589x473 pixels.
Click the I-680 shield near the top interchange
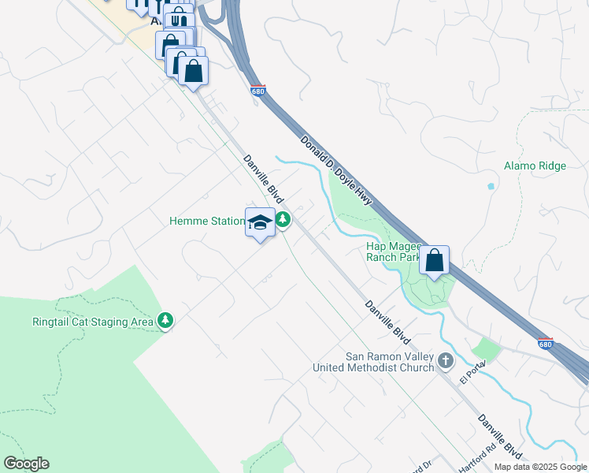pyautogui.click(x=257, y=91)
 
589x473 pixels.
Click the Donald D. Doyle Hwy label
pyautogui.click(x=335, y=166)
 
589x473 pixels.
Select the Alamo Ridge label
pyautogui.click(x=535, y=166)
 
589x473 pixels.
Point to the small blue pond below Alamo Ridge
pyautogui.click(x=491, y=187)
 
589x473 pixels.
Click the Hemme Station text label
pyautogui.click(x=206, y=222)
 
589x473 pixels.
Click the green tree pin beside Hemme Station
pyautogui.click(x=282, y=220)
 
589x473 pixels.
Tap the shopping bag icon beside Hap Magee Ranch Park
pyautogui.click(x=434, y=260)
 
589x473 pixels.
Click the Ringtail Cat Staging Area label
pyautogui.click(x=92, y=322)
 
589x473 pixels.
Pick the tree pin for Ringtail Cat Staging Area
pyautogui.click(x=165, y=320)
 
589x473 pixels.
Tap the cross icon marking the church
pyautogui.click(x=446, y=361)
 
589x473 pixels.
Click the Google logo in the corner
pyautogui.click(x=26, y=464)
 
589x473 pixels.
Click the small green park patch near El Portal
pyautogui.click(x=486, y=349)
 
